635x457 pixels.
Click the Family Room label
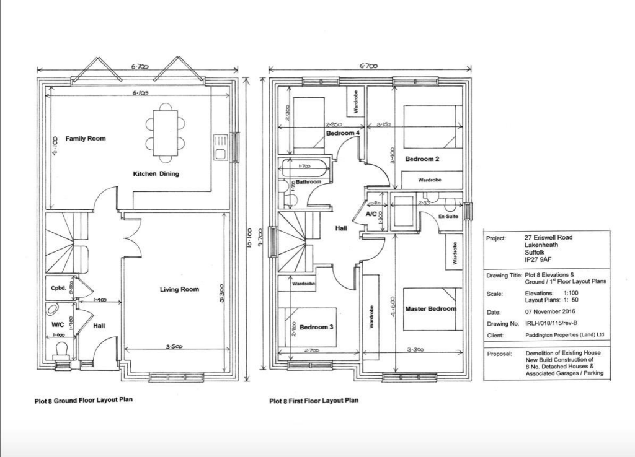[x=86, y=139]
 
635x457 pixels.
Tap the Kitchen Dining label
[x=156, y=174]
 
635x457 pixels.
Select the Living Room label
[x=179, y=289]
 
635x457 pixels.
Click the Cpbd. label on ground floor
[x=58, y=287]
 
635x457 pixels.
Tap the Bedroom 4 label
[x=343, y=133]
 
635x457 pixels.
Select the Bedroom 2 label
[x=422, y=159]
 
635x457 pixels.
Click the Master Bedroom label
[x=430, y=308]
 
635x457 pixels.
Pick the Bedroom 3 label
[x=317, y=327]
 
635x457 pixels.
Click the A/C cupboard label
[x=371, y=214]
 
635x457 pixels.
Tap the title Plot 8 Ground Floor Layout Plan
[x=83, y=400]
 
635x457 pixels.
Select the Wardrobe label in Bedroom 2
[x=430, y=180]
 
